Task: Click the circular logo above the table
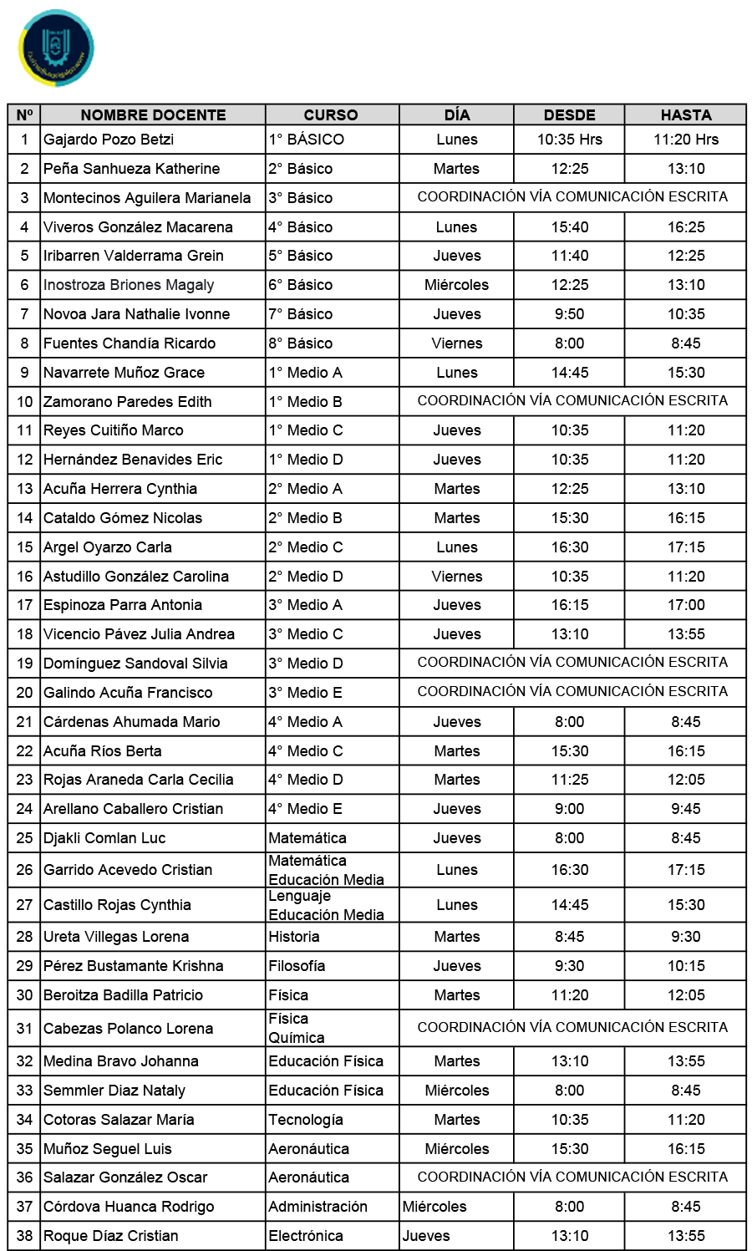(x=56, y=48)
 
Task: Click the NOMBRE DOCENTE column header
(x=153, y=115)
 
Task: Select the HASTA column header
(x=685, y=115)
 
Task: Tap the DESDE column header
(x=569, y=115)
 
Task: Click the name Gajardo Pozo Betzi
(x=109, y=140)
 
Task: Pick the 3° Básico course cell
(x=301, y=198)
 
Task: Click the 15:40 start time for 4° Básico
(x=569, y=227)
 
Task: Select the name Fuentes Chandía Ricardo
(x=130, y=343)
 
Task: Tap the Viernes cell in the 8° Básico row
(x=456, y=343)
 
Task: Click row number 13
(x=25, y=489)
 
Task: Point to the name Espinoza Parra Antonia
(x=123, y=605)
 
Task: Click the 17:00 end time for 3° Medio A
(x=685, y=605)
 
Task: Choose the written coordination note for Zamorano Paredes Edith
(x=572, y=401)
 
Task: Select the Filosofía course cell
(x=297, y=966)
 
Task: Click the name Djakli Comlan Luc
(x=104, y=838)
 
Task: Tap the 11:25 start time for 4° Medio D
(x=569, y=780)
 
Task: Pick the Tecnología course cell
(x=306, y=1120)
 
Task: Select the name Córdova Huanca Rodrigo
(x=129, y=1207)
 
